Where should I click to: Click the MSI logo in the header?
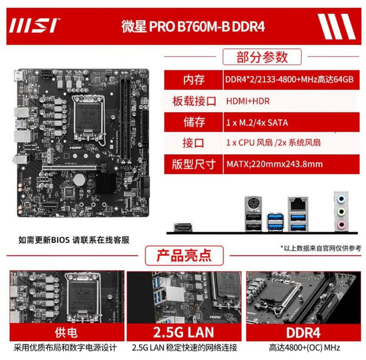[34, 25]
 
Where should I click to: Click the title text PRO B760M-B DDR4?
[207, 26]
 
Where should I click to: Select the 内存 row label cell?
[193, 80]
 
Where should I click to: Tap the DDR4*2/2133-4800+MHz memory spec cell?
[291, 80]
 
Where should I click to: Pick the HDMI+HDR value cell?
[291, 101]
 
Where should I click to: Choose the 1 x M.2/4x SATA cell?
[291, 122]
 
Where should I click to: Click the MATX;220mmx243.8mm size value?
[274, 164]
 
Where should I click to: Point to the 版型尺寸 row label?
[193, 164]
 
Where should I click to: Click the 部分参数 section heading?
[262, 57]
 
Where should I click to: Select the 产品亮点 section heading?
[184, 255]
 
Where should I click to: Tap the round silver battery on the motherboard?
[79, 180]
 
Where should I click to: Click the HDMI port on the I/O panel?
[183, 227]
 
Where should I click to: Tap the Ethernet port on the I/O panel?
[298, 204]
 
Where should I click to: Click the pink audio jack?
[342, 225]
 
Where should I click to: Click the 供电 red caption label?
[67, 332]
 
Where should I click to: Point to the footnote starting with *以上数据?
[321, 248]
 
